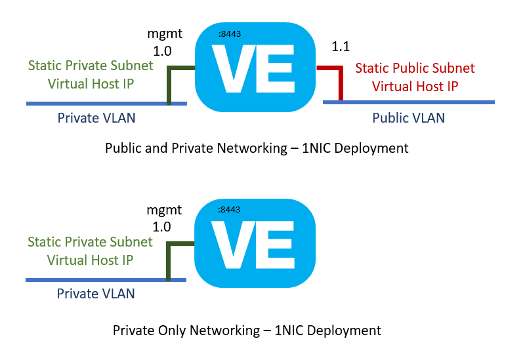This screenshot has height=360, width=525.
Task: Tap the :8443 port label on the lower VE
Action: [229, 210]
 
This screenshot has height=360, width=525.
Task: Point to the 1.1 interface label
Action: [341, 46]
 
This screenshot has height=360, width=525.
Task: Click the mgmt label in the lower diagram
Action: [165, 210]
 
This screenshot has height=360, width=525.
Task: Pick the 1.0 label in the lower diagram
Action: [161, 227]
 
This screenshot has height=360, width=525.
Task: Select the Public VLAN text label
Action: [408, 118]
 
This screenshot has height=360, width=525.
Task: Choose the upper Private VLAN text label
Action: [96, 118]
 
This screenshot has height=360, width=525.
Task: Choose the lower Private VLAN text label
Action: [96, 293]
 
